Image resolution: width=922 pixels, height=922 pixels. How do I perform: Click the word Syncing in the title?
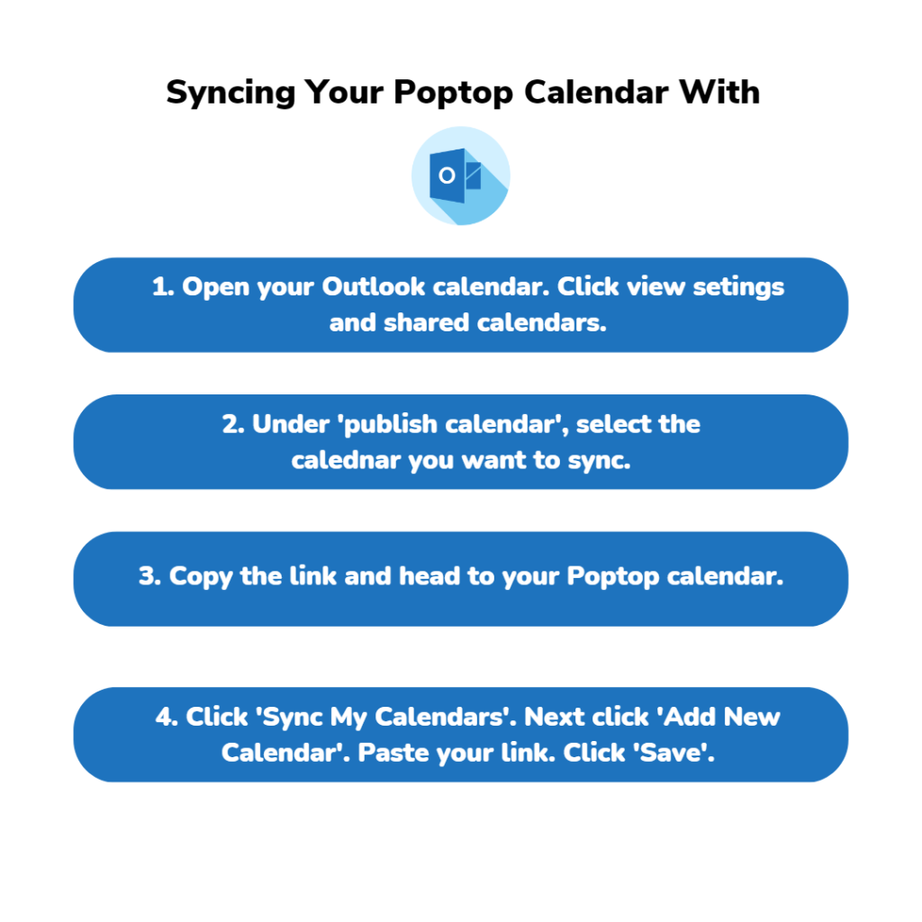pos(230,94)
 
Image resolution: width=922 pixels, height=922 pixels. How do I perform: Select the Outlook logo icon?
pos(460,176)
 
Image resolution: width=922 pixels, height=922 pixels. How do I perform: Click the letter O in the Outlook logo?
pos(447,176)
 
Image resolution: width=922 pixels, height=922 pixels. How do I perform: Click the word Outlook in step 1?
pos(373,287)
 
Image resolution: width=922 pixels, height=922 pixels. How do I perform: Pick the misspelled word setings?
pos(738,288)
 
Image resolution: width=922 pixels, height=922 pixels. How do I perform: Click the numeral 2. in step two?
pos(233,425)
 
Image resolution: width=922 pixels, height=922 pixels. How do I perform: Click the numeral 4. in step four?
pos(167,717)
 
